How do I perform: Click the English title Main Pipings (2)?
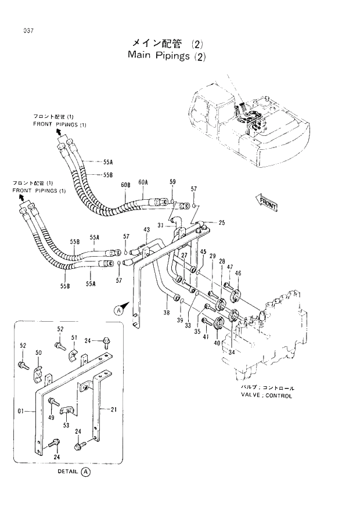pyautogui.click(x=167, y=56)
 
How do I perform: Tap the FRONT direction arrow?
pyautogui.click(x=267, y=203)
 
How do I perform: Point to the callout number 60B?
pyautogui.click(x=125, y=185)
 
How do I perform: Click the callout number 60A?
pyautogui.click(x=143, y=183)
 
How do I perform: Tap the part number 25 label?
pyautogui.click(x=221, y=222)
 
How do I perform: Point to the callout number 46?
pyautogui.click(x=237, y=273)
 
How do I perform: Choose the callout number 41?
pyautogui.click(x=206, y=337)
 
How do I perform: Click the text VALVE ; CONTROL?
pyautogui.click(x=267, y=395)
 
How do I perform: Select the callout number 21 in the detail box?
pyautogui.click(x=114, y=409)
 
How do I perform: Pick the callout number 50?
pyautogui.click(x=38, y=353)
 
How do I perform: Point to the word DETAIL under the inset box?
pyautogui.click(x=67, y=472)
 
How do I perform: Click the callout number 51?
pyautogui.click(x=74, y=337)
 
